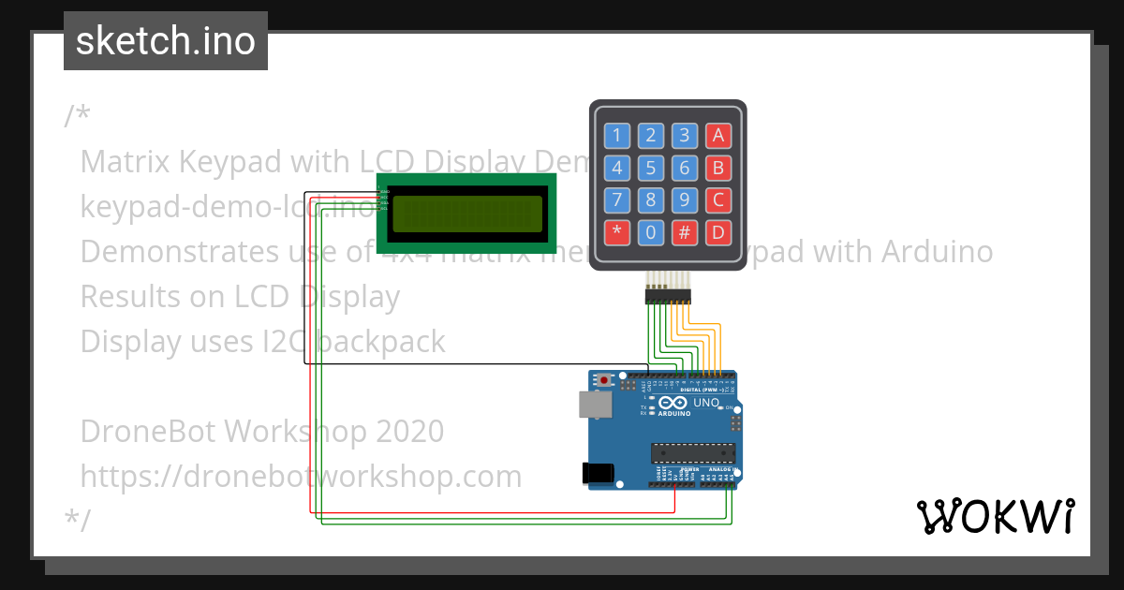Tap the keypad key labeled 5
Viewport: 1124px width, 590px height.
[x=651, y=169]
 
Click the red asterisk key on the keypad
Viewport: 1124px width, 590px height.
[x=616, y=232]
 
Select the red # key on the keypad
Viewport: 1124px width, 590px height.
[x=685, y=232]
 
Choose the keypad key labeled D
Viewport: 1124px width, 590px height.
[x=718, y=232]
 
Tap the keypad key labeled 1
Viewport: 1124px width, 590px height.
[x=616, y=136]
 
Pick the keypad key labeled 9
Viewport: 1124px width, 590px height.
[x=685, y=200]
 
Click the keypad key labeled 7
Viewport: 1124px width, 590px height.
[x=616, y=200]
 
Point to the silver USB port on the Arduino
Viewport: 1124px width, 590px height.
[x=593, y=404]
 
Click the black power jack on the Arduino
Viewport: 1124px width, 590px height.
[x=598, y=473]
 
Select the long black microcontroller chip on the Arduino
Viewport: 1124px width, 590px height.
[x=693, y=453]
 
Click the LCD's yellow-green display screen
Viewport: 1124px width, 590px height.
[x=467, y=214]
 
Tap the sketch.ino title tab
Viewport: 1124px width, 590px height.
[x=166, y=41]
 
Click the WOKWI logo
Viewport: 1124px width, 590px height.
[x=995, y=516]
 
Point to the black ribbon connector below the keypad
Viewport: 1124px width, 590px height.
[x=668, y=296]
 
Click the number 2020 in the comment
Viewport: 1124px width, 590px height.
[x=409, y=432]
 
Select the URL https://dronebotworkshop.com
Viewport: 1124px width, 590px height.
[x=301, y=477]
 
